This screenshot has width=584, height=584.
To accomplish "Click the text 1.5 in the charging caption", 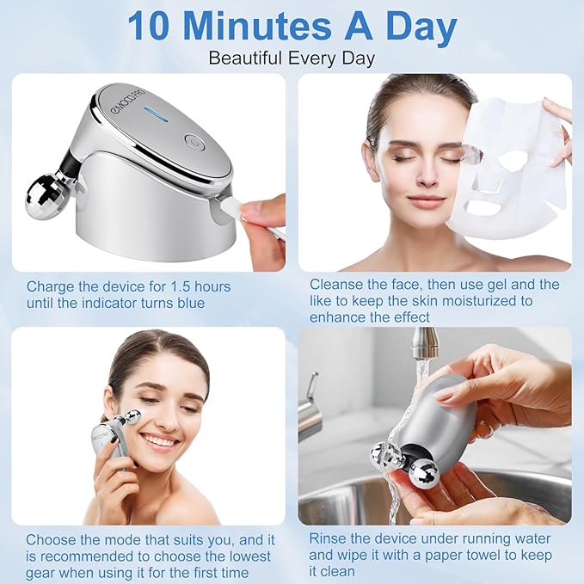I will coord(177,286).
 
